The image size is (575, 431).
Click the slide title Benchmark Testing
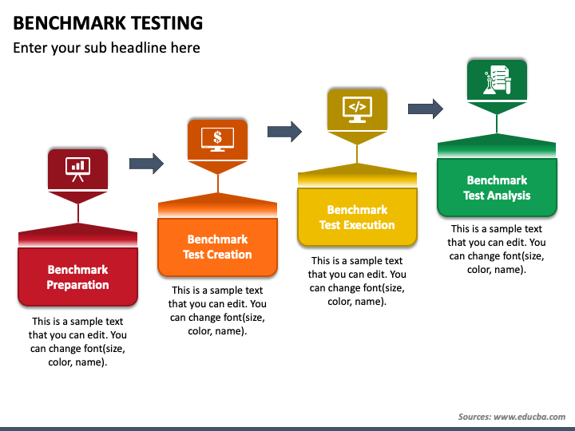(108, 22)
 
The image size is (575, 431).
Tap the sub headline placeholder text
(106, 48)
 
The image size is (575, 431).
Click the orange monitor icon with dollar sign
(217, 138)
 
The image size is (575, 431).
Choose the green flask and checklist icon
(497, 79)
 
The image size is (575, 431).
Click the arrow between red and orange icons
(146, 164)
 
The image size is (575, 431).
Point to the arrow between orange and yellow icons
(285, 131)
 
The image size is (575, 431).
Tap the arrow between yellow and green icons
(426, 109)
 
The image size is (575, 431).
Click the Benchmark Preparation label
(77, 277)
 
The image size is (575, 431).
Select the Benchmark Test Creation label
(217, 247)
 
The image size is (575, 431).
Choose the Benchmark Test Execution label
(357, 217)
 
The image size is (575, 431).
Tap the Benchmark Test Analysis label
(497, 188)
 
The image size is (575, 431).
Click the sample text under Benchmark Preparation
(77, 342)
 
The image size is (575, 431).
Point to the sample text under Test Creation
(217, 310)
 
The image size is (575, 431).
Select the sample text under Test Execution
(357, 281)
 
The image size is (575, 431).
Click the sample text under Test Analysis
(497, 249)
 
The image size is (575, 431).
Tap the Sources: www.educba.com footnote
(511, 417)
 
